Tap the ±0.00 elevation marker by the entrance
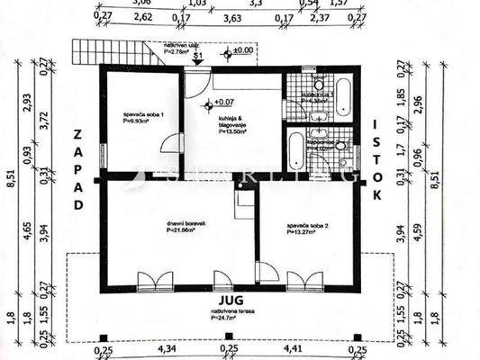pyautogui.click(x=240, y=51)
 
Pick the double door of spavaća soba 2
pyautogui.click(x=303, y=280)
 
